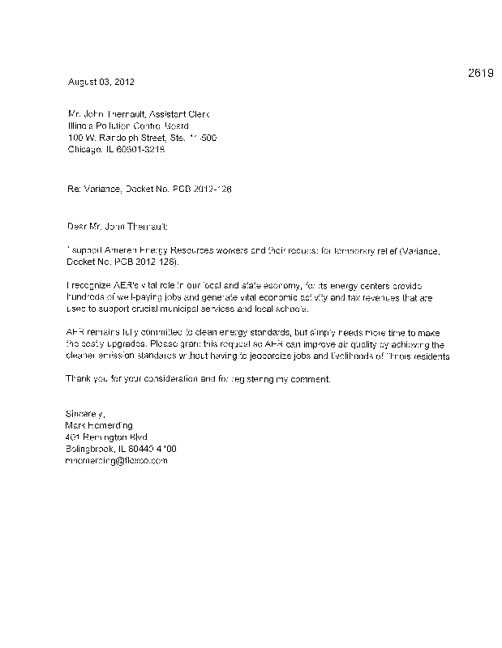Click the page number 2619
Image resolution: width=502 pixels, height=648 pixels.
pos(481,74)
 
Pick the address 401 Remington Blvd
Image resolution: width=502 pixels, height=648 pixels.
pos(102,437)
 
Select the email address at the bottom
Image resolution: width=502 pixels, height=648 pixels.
pos(116,460)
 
